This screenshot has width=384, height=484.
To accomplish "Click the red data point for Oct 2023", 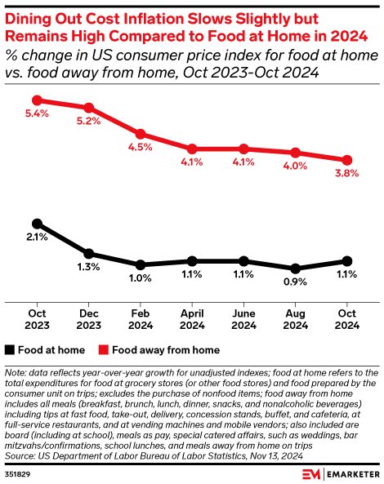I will pyautogui.click(x=36, y=100).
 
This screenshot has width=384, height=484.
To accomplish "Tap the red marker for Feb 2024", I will pyautogui.click(x=141, y=134).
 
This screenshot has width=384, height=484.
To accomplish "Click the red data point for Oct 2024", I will pyautogui.click(x=347, y=160).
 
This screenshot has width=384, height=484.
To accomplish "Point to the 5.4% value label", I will pyautogui.click(x=37, y=114).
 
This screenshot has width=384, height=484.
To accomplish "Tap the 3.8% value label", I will pyautogui.click(x=347, y=174).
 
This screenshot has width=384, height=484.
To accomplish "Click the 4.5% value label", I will pyautogui.click(x=141, y=148).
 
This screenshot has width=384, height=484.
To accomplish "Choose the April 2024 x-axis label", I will pyautogui.click(x=192, y=319).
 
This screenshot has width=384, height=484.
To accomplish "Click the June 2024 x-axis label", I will pyautogui.click(x=243, y=319).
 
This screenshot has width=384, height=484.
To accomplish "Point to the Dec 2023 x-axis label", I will pyautogui.click(x=88, y=319).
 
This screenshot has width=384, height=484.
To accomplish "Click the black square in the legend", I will pyautogui.click(x=10, y=351).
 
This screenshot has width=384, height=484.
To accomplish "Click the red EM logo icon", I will pyautogui.click(x=309, y=474).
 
